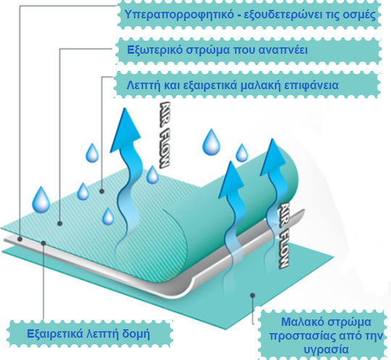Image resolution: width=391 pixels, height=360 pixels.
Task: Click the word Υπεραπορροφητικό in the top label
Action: [x=179, y=14]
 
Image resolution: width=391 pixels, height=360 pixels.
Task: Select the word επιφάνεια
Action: [x=311, y=85]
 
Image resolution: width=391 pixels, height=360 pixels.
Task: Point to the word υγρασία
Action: [x=327, y=349]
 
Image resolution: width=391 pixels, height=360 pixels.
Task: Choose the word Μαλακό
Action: [x=301, y=322]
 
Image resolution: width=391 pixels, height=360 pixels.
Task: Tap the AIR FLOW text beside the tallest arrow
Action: [x=164, y=134]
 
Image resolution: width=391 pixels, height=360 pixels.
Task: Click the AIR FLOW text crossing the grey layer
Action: [x=284, y=235]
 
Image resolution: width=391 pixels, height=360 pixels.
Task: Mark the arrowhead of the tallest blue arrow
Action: [x=125, y=130]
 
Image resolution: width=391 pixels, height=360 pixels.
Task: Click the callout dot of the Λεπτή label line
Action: [x=102, y=191]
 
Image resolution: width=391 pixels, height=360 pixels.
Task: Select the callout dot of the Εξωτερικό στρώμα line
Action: [x=60, y=224]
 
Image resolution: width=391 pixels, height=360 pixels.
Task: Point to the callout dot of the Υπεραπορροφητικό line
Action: [x=20, y=239]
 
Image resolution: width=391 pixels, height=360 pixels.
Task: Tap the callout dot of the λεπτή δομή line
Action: [x=43, y=243]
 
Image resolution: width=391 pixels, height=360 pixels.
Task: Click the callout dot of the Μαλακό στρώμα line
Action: [x=253, y=295]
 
